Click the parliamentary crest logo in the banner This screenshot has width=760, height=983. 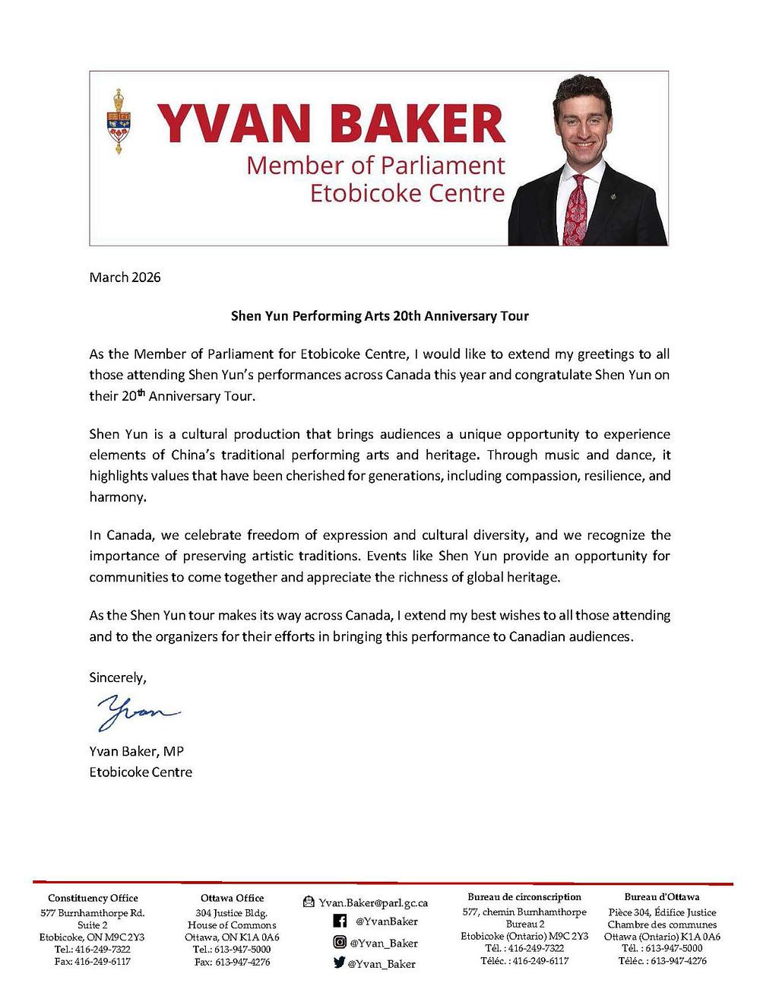tap(118, 122)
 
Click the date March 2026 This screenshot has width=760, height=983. tap(125, 277)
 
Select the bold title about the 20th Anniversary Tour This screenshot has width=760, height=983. tap(379, 316)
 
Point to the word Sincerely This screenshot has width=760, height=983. tap(117, 677)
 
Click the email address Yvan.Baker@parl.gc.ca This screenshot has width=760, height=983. tap(373, 902)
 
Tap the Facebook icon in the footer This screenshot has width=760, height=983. tap(340, 921)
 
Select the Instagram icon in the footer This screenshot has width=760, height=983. tap(340, 943)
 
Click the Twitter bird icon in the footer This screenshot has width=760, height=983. tap(340, 963)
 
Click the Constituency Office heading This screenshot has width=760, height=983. tap(93, 898)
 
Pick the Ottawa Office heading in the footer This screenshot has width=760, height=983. tap(233, 898)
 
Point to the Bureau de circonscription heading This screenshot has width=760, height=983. tap(524, 897)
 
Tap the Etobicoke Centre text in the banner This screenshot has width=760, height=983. tap(407, 192)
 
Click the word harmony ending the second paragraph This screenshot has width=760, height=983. tap(116, 497)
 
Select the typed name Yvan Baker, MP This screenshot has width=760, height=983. tap(137, 751)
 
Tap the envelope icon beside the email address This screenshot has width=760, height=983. tap(309, 902)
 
